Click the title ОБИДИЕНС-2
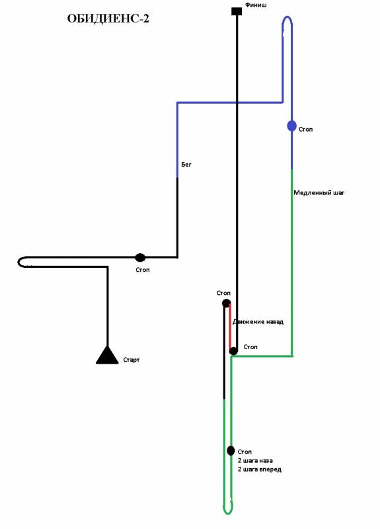click(x=108, y=19)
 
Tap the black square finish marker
click(x=237, y=11)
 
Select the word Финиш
click(x=256, y=5)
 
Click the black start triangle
click(x=107, y=355)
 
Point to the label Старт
click(x=131, y=360)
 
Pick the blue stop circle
click(x=291, y=126)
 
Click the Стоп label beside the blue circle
click(x=305, y=129)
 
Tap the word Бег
click(x=186, y=164)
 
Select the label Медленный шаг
click(x=319, y=192)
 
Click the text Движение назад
click(x=258, y=322)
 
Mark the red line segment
click(x=230, y=327)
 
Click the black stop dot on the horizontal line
click(x=140, y=258)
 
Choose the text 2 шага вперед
click(x=259, y=469)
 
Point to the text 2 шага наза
click(x=255, y=460)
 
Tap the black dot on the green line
click(x=231, y=450)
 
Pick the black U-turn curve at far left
click(x=19, y=262)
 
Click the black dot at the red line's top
click(x=226, y=304)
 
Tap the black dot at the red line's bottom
click(x=233, y=351)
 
